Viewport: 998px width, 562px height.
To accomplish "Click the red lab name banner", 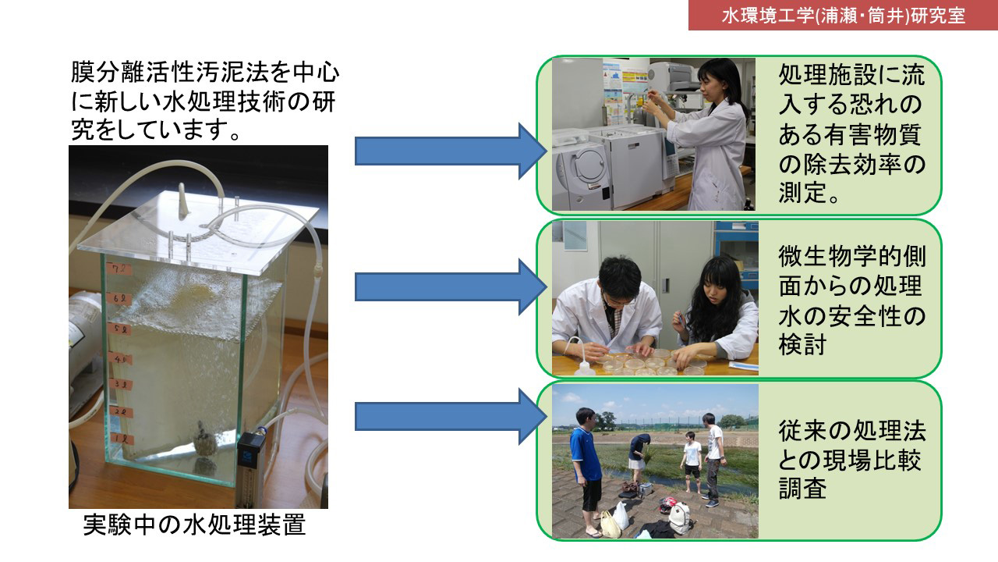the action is coord(843,15).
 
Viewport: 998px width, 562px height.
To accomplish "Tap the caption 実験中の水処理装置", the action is coord(195,525).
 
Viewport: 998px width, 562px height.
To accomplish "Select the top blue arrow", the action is coord(451,151).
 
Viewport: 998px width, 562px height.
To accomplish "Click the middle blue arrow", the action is coord(451,287).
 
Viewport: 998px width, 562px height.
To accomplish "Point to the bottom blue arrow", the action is coord(451,417).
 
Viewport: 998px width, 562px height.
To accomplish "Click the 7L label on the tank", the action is coord(119,269).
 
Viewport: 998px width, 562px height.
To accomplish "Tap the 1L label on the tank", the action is coord(121,439).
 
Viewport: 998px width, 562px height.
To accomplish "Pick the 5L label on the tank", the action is coord(119,329).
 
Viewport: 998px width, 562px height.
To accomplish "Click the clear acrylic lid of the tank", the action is coord(198,233).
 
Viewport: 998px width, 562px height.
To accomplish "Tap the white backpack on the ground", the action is coord(679,518).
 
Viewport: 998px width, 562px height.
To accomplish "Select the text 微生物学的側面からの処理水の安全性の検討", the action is coord(851,301).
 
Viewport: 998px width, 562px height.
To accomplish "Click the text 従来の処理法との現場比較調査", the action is coord(851,460).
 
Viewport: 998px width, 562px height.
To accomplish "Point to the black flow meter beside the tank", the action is coord(250,468).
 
